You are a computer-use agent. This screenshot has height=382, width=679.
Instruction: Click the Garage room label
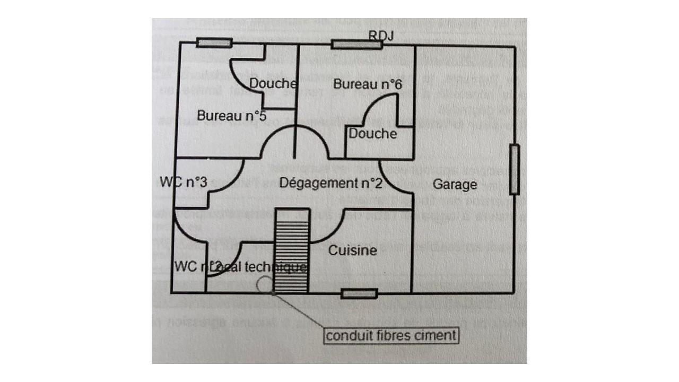tap(455, 185)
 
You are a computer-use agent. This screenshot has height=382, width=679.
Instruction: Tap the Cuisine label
tap(353, 250)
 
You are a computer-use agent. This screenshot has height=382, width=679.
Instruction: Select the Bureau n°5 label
tap(231, 115)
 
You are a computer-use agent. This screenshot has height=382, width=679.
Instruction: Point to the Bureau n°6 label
tap(368, 84)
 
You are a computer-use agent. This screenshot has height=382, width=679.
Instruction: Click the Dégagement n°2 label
tap(330, 184)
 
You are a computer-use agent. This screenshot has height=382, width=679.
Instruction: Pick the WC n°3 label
tap(183, 181)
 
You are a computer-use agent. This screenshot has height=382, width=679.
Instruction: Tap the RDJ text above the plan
tap(382, 35)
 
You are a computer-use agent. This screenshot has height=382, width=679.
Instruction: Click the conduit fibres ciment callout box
tap(391, 335)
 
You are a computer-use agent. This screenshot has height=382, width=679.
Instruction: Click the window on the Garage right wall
tap(513, 170)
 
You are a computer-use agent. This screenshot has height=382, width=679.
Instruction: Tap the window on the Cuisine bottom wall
tap(359, 293)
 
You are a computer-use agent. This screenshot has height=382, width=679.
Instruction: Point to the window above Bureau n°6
tap(356, 44)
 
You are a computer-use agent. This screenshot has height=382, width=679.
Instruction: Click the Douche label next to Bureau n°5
tap(273, 83)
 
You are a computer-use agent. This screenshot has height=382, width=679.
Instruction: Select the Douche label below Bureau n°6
tap(372, 134)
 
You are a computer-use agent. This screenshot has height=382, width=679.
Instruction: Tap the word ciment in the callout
tap(438, 335)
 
